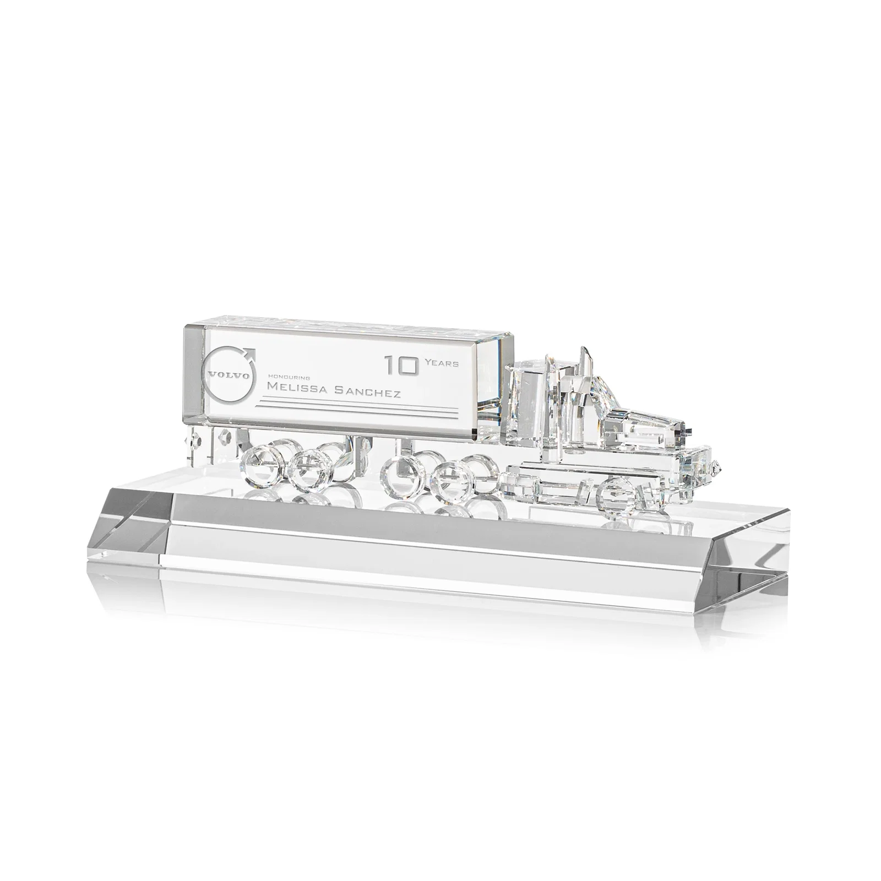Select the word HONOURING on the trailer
pos(288,377)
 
